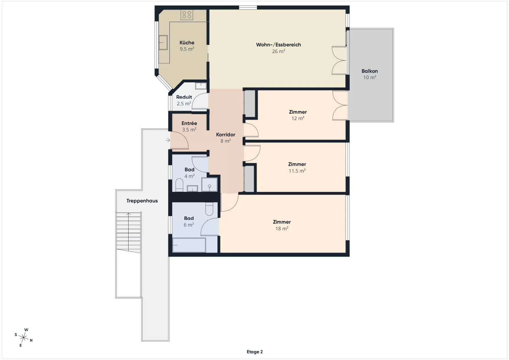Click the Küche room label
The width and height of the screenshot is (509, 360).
[x=187, y=43]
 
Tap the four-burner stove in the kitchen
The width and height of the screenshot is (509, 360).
[x=187, y=15]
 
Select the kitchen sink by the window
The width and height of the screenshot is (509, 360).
[x=163, y=42]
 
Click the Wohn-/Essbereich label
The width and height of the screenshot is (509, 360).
[x=278, y=45]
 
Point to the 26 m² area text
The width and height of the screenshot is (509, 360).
[x=278, y=51]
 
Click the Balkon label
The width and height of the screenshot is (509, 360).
[x=370, y=71]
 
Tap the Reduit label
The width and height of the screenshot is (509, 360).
[x=184, y=97]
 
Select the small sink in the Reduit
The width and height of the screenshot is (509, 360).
[x=201, y=86]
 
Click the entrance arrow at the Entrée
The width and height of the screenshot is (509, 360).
[x=168, y=140]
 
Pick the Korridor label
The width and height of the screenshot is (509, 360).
[x=226, y=135]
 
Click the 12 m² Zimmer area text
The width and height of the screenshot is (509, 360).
[x=298, y=118]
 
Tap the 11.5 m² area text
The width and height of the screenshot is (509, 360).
[x=297, y=171]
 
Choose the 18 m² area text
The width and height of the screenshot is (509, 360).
[x=282, y=229]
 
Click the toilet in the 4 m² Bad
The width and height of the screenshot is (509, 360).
[x=179, y=185]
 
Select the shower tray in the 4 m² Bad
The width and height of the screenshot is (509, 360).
[x=210, y=184]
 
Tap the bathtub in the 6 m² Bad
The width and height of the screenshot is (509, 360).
[x=189, y=245]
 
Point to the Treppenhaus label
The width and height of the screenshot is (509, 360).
[x=142, y=201]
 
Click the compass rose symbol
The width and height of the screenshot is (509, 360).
[x=24, y=337]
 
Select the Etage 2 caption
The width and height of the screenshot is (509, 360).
[x=255, y=352]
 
